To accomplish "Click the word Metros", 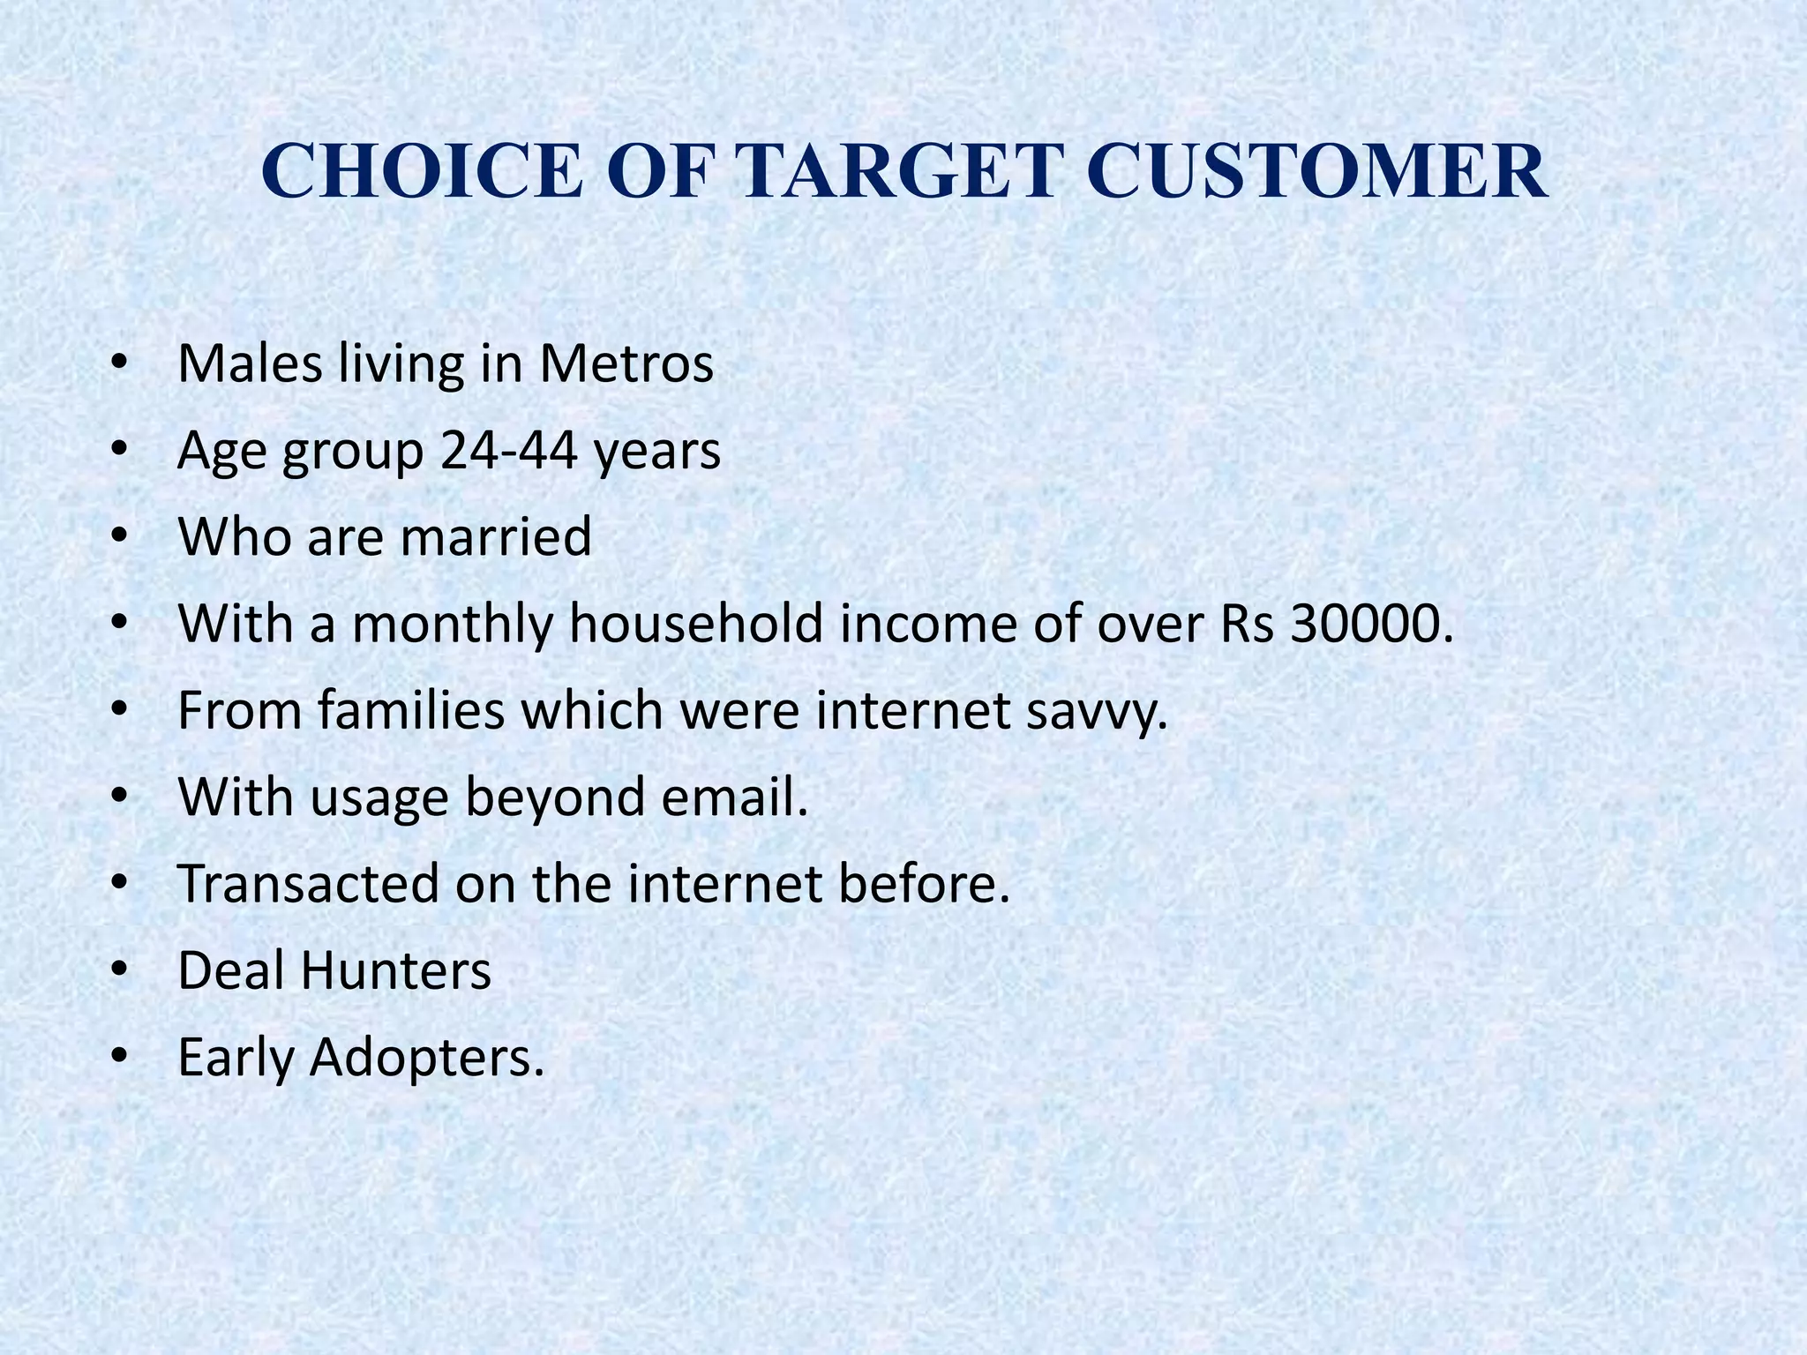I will click(626, 363).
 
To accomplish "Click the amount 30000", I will click(1370, 623).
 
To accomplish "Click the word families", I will click(411, 710).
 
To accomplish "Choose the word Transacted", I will click(308, 883).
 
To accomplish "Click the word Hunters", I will click(395, 970).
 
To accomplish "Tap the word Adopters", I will click(426, 1057).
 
